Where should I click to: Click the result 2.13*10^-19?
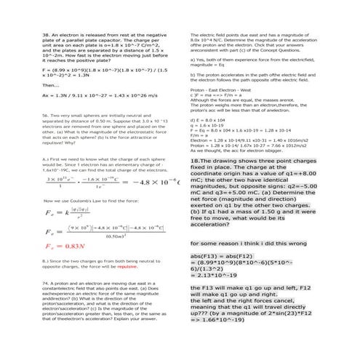[215, 275]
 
